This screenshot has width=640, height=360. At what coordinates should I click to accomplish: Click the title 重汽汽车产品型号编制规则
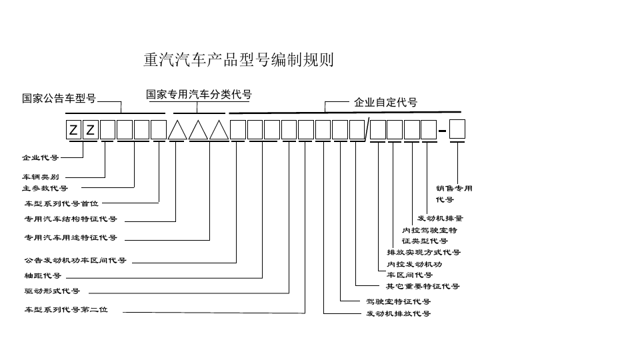tap(238, 61)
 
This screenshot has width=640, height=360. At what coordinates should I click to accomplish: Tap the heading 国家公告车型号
tap(59, 99)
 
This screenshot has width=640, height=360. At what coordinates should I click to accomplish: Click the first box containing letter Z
tap(73, 129)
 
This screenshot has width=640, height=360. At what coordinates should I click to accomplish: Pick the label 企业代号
tap(40, 158)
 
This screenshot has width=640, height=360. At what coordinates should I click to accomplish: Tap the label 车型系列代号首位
tap(61, 203)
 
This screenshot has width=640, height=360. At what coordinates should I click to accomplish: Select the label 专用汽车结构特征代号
tap(71, 219)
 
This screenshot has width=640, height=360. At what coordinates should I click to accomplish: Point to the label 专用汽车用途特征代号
tap(71, 237)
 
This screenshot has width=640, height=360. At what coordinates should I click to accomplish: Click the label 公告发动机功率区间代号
tap(75, 260)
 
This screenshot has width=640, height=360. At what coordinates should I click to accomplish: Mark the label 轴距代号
tap(43, 275)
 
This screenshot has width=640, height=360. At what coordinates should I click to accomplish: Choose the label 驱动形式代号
tap(52, 291)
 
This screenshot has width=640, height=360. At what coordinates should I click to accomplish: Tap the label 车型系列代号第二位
tap(66, 310)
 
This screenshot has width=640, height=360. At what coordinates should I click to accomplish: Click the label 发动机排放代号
tap(398, 313)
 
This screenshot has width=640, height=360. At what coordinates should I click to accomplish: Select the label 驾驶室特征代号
tap(398, 301)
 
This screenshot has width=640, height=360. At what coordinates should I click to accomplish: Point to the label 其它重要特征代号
tap(423, 286)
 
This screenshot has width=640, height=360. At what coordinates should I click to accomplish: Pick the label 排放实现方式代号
tap(423, 252)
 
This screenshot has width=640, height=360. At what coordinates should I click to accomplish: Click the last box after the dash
tap(457, 129)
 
